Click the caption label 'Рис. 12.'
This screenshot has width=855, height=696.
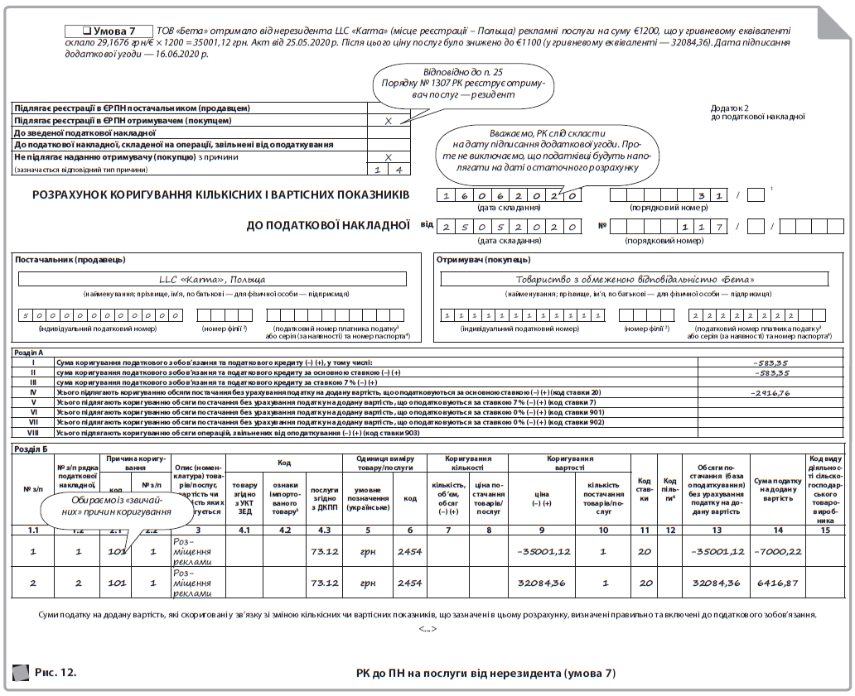(56, 672)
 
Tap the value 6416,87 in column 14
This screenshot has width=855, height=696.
(777, 583)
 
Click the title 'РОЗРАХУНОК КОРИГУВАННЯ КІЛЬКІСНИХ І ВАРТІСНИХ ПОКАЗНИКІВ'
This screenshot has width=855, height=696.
(220, 195)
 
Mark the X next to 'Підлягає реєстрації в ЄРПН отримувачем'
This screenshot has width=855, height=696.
(389, 121)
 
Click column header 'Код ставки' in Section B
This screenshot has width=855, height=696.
(644, 485)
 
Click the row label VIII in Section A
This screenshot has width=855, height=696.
(33, 432)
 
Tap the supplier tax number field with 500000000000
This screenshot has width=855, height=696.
(100, 315)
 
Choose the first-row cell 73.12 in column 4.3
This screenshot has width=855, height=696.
(324, 550)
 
